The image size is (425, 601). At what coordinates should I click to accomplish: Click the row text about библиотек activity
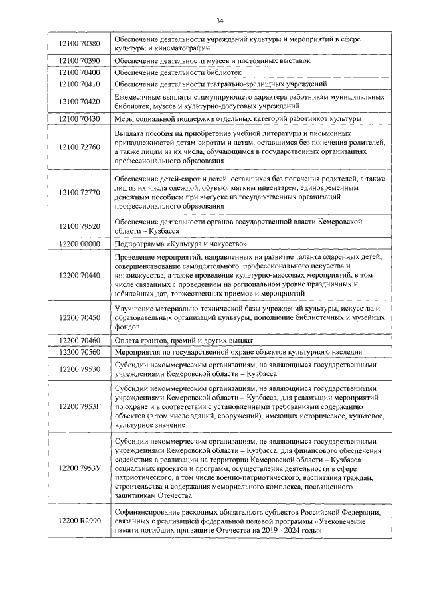click(177, 72)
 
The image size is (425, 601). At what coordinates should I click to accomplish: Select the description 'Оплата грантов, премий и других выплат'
click(189, 340)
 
